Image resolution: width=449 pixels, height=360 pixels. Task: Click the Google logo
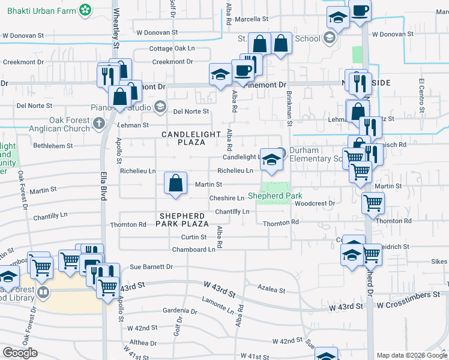click(20, 353)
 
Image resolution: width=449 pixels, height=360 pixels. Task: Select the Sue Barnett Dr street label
click(151, 266)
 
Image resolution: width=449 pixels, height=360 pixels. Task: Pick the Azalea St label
click(271, 290)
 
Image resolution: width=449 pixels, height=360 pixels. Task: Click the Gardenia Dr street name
click(181, 311)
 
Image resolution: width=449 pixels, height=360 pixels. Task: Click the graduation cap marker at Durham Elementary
click(272, 160)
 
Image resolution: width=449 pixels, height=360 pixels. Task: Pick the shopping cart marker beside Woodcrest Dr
click(373, 205)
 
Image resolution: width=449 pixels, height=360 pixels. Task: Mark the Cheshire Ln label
click(226, 198)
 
